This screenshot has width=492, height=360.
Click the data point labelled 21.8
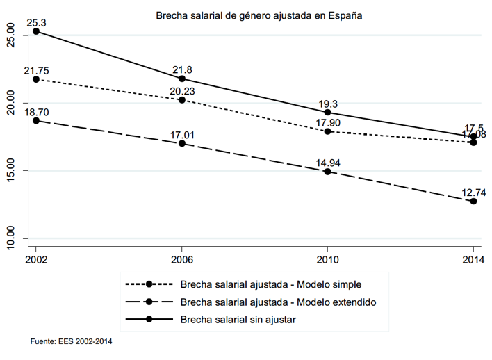click(x=181, y=79)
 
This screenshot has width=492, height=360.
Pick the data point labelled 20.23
click(x=181, y=100)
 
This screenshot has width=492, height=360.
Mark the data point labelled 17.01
click(x=181, y=143)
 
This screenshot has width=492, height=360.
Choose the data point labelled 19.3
click(x=327, y=112)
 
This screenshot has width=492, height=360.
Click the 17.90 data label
click(x=327, y=122)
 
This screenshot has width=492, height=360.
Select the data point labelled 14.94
click(x=327, y=171)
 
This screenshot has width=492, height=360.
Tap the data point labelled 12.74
click(x=473, y=201)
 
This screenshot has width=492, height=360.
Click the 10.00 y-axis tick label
click(x=10, y=234)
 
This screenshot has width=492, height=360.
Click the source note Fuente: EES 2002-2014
click(x=72, y=341)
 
